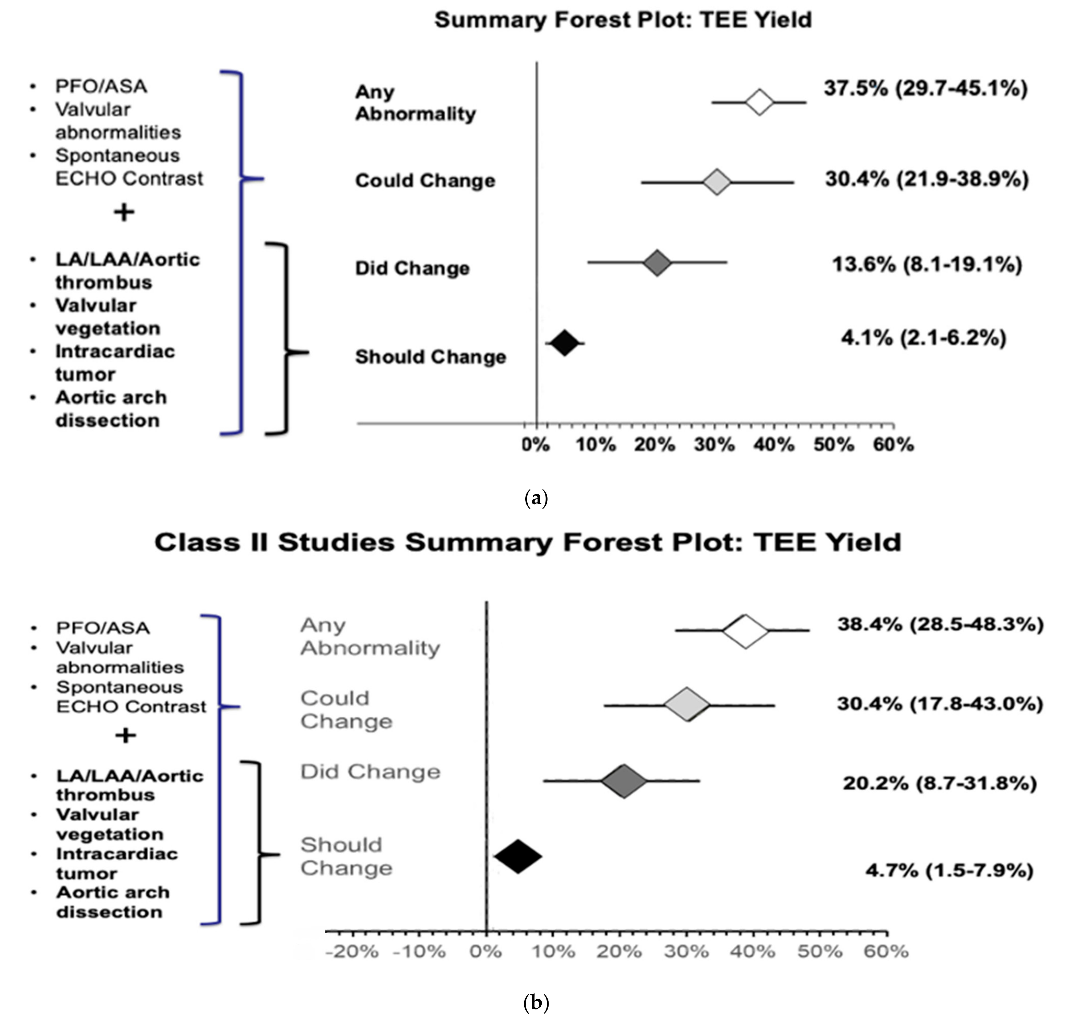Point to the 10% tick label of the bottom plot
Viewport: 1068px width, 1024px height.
pos(553,951)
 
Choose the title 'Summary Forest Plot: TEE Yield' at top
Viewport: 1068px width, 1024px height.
pos(623,20)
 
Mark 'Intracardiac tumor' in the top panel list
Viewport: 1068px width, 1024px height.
pos(114,363)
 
